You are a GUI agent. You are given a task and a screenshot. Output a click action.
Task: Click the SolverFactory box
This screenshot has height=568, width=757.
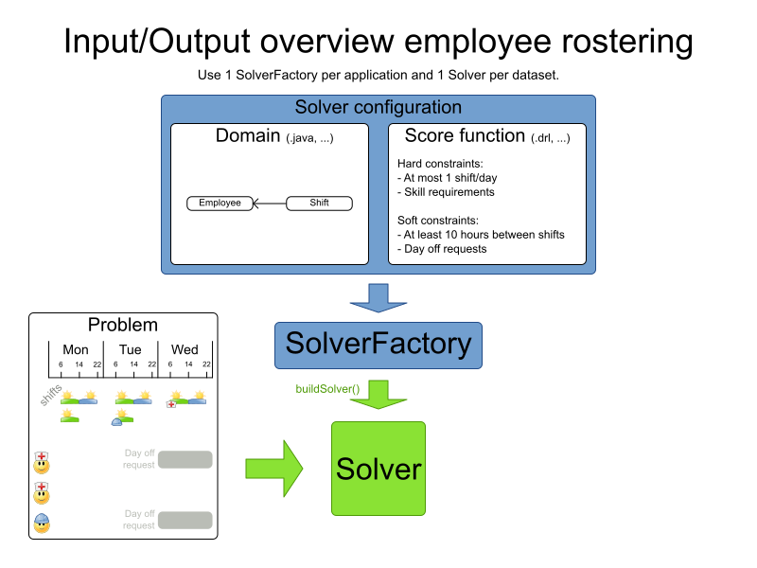pyautogui.click(x=378, y=345)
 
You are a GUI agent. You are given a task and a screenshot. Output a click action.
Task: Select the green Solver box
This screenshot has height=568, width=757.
pyautogui.click(x=378, y=469)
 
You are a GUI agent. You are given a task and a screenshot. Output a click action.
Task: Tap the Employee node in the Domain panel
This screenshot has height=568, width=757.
pyautogui.click(x=220, y=203)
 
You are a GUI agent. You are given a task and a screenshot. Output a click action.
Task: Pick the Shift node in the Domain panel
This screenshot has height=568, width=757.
pyautogui.click(x=319, y=203)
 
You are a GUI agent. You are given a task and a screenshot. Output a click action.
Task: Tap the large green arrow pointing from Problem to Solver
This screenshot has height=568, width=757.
pyautogui.click(x=273, y=468)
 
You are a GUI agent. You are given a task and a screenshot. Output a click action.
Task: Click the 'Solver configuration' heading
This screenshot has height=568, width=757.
pyautogui.click(x=378, y=108)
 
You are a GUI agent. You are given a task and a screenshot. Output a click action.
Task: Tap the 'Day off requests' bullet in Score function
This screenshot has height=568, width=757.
pyautogui.click(x=446, y=248)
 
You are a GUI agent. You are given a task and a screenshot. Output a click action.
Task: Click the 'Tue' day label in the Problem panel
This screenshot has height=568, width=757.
pyautogui.click(x=130, y=350)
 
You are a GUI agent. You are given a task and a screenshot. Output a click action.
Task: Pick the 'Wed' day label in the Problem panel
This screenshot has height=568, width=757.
pyautogui.click(x=185, y=350)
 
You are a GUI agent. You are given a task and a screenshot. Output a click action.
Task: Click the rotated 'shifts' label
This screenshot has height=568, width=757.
pyautogui.click(x=51, y=395)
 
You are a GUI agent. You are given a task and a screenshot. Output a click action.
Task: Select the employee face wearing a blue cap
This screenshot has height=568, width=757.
pyautogui.click(x=42, y=522)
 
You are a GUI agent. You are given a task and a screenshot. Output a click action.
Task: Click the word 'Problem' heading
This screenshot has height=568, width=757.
pyautogui.click(x=123, y=325)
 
